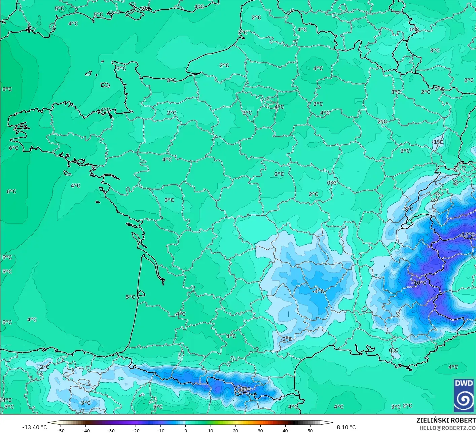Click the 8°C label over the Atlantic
[7, 89]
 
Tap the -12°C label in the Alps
[468, 234]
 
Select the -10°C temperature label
[419, 283]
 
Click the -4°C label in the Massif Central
[318, 291]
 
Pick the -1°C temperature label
[438, 142]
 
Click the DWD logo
[464, 396]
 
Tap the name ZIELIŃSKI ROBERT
[446, 420]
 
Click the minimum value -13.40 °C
[35, 427]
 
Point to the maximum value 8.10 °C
[346, 427]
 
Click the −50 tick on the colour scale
[61, 431]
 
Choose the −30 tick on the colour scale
[111, 431]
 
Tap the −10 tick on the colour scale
[160, 431]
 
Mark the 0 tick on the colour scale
[185, 431]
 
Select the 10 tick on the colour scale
[210, 431]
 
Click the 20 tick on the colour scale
[235, 431]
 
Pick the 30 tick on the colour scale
[260, 431]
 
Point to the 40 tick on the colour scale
[285, 431]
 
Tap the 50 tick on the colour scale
[310, 431]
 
